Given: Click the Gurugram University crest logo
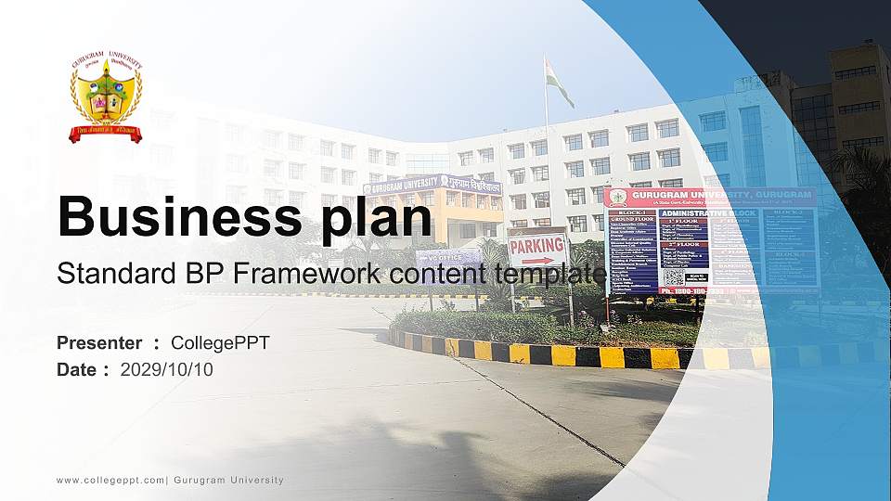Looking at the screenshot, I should [x=106, y=97].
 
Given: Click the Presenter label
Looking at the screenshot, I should [x=99, y=343].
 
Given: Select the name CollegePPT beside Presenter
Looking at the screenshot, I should [x=220, y=343].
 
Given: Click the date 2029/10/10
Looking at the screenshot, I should [x=166, y=369].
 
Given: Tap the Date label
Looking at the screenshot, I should [x=77, y=369].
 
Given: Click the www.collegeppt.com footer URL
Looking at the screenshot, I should [x=110, y=481].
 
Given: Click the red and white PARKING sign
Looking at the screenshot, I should [x=537, y=249].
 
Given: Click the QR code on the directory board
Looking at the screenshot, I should [x=674, y=276].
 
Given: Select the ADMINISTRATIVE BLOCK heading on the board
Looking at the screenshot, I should [x=708, y=212].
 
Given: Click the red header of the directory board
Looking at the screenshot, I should [x=710, y=198].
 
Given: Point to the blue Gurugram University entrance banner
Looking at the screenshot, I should [x=432, y=185].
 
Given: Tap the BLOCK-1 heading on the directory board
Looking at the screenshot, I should [x=631, y=212].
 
